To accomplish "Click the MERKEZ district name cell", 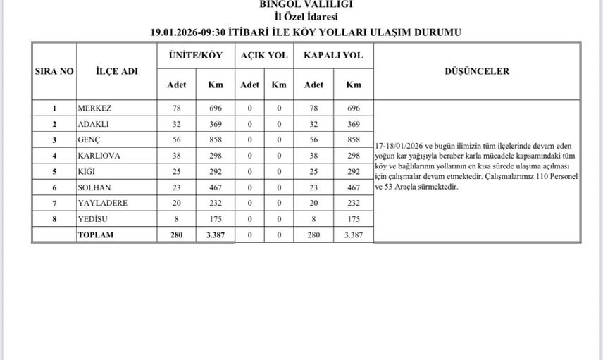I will (x=94, y=108).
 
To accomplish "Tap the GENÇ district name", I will (x=90, y=140).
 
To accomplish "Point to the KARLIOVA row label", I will (x=98, y=156).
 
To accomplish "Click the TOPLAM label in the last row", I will (x=96, y=235).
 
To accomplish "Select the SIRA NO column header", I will (x=54, y=71).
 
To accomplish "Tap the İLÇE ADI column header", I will (x=117, y=71).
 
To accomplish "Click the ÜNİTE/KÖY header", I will (x=196, y=56).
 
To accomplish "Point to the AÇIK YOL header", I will (x=264, y=56).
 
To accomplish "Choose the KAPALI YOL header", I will (x=333, y=56).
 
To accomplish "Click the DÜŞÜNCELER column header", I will (x=478, y=71).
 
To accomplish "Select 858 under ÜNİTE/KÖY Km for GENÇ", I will (x=216, y=140).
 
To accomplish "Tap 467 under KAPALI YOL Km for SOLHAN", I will (x=354, y=187).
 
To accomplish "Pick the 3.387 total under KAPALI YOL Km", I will (x=354, y=235).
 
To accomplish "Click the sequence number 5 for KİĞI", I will (x=54, y=171).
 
